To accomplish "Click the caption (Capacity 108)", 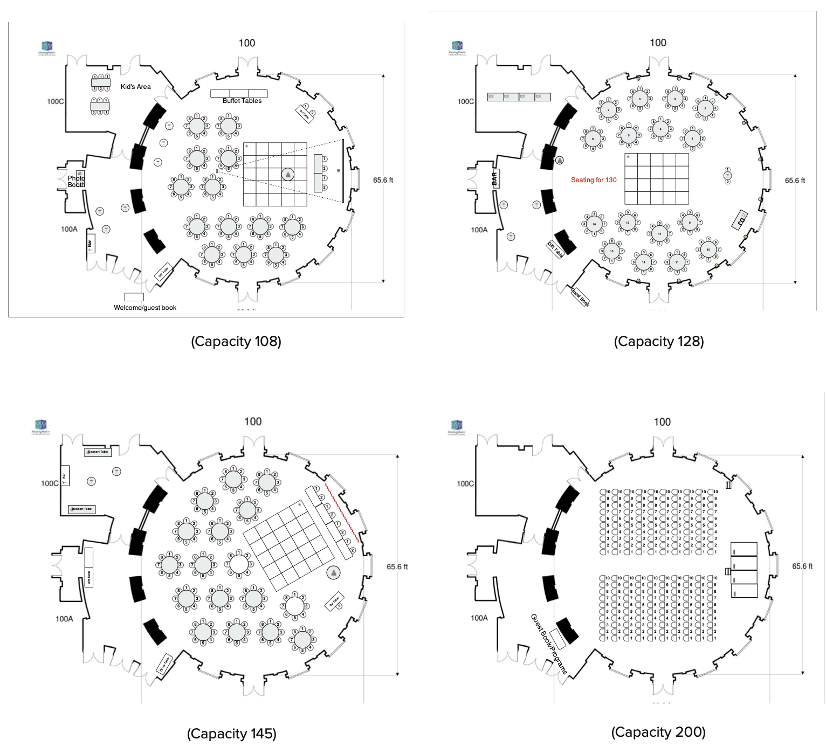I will click(236, 342).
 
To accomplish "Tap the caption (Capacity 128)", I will click(658, 342).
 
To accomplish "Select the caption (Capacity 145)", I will click(231, 734).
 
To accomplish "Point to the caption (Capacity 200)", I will click(658, 732).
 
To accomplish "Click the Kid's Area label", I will click(135, 87).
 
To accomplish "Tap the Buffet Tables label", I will click(242, 101).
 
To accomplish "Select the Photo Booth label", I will click(76, 182).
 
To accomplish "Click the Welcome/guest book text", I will click(145, 308).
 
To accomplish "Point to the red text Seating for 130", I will click(594, 180).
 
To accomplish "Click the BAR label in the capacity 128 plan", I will click(494, 178).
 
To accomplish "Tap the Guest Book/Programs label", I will click(549, 644).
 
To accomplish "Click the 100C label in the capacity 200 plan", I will click(465, 483).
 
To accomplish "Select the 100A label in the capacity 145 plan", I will click(64, 619).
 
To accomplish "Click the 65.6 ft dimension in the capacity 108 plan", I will click(383, 180).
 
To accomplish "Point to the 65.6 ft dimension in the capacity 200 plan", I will click(802, 566).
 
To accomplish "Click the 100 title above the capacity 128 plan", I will click(658, 43).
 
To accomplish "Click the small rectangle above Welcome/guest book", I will click(134, 297).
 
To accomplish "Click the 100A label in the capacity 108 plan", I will click(69, 229).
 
